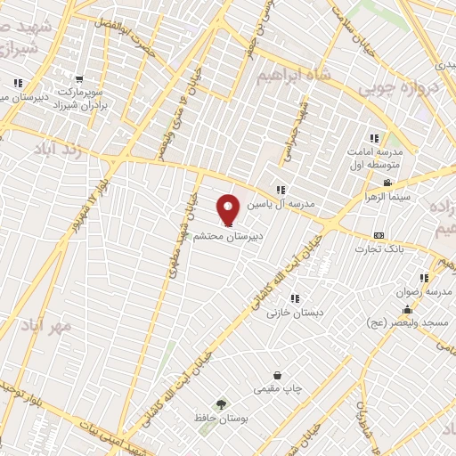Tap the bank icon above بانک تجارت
(379, 234)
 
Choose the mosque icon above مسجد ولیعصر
(408, 311)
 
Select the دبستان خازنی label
(295, 313)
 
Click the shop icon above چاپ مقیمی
(278, 375)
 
